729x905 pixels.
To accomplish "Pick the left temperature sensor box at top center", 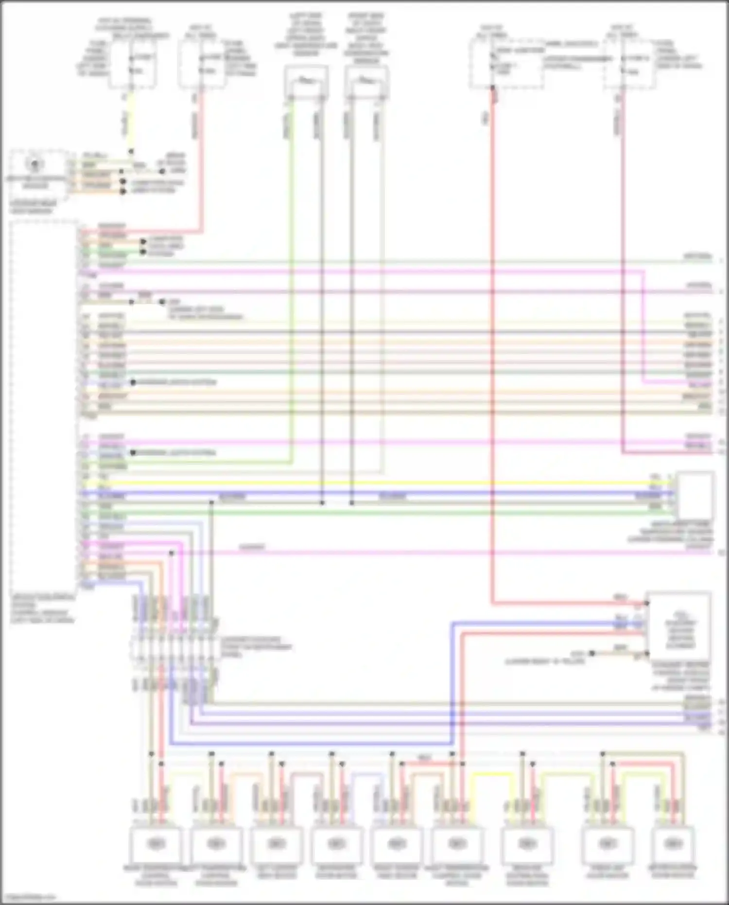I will pos(306,82).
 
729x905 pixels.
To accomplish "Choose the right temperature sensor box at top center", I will pos(366,82).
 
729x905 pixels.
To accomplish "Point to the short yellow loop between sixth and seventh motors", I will pos(493,774).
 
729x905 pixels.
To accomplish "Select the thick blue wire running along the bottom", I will pos(311,744).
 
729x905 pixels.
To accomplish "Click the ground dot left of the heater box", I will pos(592,654).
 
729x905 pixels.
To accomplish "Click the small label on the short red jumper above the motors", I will pos(424,758).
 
